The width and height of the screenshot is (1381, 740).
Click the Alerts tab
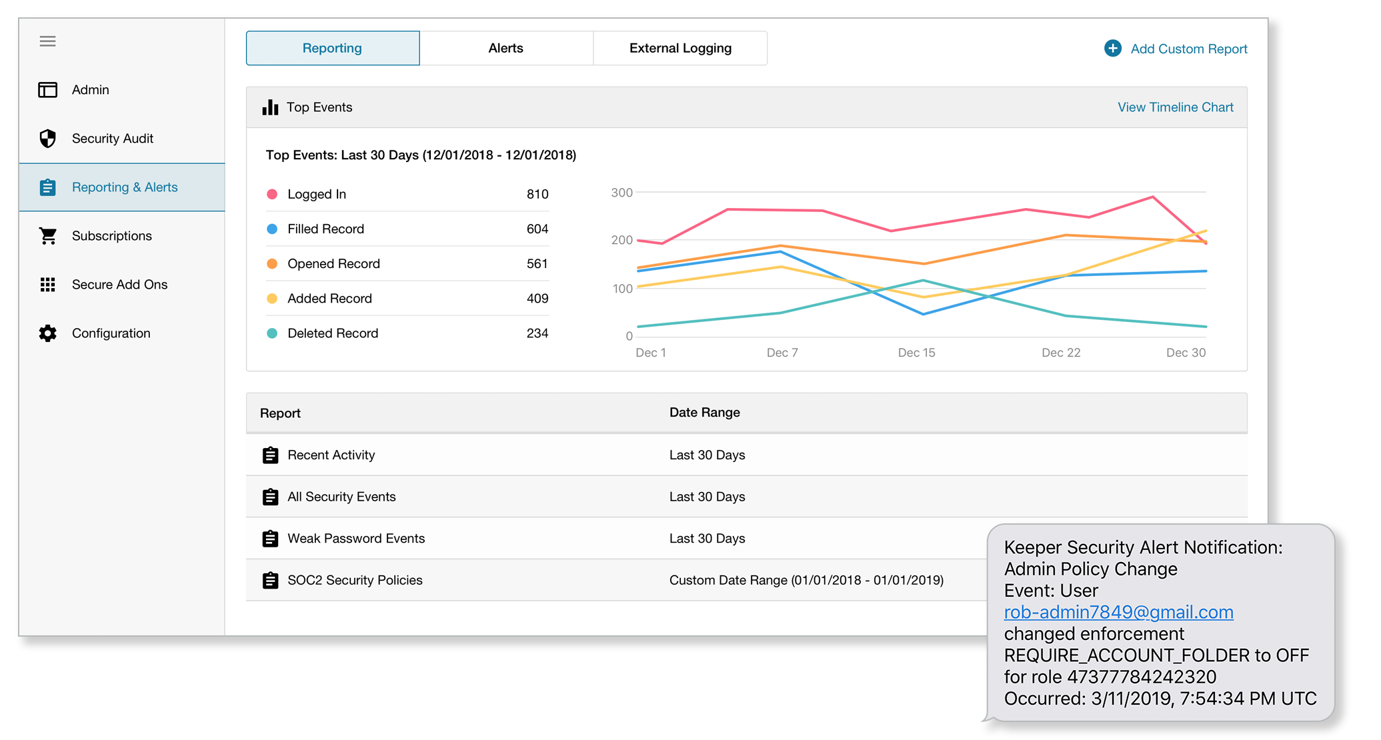click(x=505, y=48)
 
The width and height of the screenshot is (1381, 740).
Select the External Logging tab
click(x=680, y=48)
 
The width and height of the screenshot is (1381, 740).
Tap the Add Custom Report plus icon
click(x=1112, y=48)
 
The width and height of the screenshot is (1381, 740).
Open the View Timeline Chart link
click(x=1175, y=107)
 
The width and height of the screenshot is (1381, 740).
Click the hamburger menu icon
click(x=47, y=41)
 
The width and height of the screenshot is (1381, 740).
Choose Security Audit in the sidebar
click(x=112, y=139)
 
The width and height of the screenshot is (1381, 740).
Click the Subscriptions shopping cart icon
click(x=47, y=236)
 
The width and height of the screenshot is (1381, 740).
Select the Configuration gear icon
click(x=47, y=333)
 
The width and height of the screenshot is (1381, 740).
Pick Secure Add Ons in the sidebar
click(x=119, y=285)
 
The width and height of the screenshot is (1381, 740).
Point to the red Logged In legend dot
click(x=272, y=194)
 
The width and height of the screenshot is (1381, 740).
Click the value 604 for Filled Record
click(x=537, y=229)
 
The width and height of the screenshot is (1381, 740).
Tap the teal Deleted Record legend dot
click(x=272, y=333)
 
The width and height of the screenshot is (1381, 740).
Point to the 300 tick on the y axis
click(x=621, y=193)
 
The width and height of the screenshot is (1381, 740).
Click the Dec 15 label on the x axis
click(x=916, y=353)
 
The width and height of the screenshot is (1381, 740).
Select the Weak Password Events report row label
click(x=355, y=539)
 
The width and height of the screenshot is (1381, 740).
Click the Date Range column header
click(x=704, y=413)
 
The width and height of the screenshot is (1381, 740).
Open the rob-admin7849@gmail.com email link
click(x=1118, y=612)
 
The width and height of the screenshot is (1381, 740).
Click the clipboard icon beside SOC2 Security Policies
click(x=270, y=581)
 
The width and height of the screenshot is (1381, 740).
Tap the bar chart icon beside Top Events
click(x=270, y=107)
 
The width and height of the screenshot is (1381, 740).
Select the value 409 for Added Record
click(x=537, y=299)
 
